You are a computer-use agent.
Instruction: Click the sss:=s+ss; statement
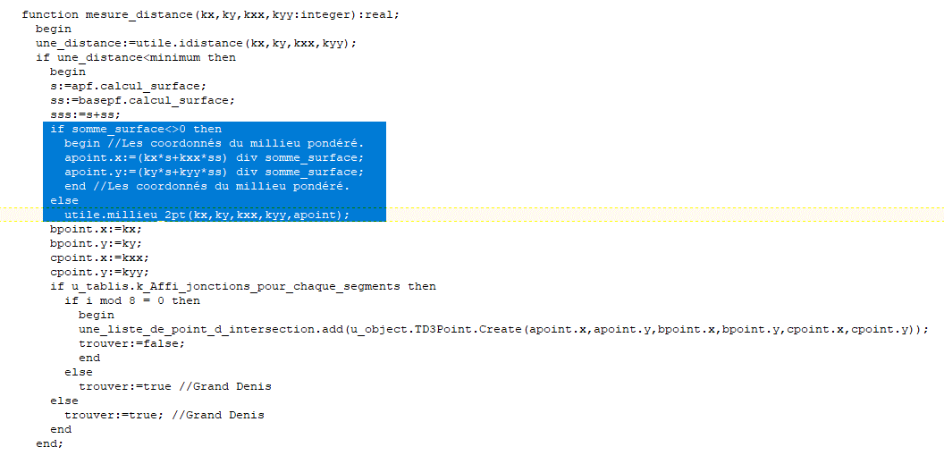pyautogui.click(x=86, y=115)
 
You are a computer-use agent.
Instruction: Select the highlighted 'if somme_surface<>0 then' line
pyautogui.click(x=136, y=130)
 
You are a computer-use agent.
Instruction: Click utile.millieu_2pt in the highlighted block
pyautogui.click(x=122, y=215)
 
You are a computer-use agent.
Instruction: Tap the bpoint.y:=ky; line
pyautogui.click(x=97, y=244)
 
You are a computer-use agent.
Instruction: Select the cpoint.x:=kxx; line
pyautogui.click(x=100, y=258)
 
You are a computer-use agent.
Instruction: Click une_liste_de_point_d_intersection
pyautogui.click(x=197, y=330)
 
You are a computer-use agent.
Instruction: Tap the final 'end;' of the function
pyautogui.click(x=49, y=444)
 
